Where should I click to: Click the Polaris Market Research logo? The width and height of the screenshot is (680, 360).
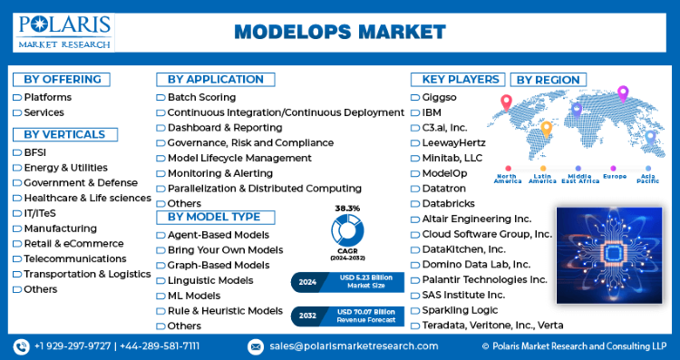tap(64, 33)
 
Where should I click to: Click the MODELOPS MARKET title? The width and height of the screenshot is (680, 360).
tap(340, 32)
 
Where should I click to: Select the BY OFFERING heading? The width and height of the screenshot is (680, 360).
tap(62, 80)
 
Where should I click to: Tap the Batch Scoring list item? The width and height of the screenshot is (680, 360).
tap(201, 97)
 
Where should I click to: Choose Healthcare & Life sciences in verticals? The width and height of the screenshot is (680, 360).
tap(88, 198)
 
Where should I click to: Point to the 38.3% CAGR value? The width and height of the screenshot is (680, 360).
tap(347, 209)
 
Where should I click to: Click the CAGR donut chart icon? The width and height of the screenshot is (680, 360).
tap(347, 230)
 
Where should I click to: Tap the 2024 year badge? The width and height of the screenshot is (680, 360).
tap(307, 282)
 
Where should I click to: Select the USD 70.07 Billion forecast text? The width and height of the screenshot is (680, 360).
tap(366, 312)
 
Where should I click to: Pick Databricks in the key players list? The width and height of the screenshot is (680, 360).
tap(449, 203)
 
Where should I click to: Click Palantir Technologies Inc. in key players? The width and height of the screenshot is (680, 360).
tap(484, 280)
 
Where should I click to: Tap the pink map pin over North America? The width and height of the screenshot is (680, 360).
tap(506, 103)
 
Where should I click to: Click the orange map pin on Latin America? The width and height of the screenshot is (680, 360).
tap(547, 130)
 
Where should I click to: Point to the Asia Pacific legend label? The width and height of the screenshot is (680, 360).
tap(648, 179)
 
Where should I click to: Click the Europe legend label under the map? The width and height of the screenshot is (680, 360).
tap(615, 176)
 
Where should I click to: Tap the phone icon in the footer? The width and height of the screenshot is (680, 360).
tap(21, 346)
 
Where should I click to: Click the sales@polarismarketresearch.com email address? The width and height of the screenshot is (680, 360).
tap(354, 346)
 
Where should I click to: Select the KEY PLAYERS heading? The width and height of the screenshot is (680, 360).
tap(458, 80)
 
